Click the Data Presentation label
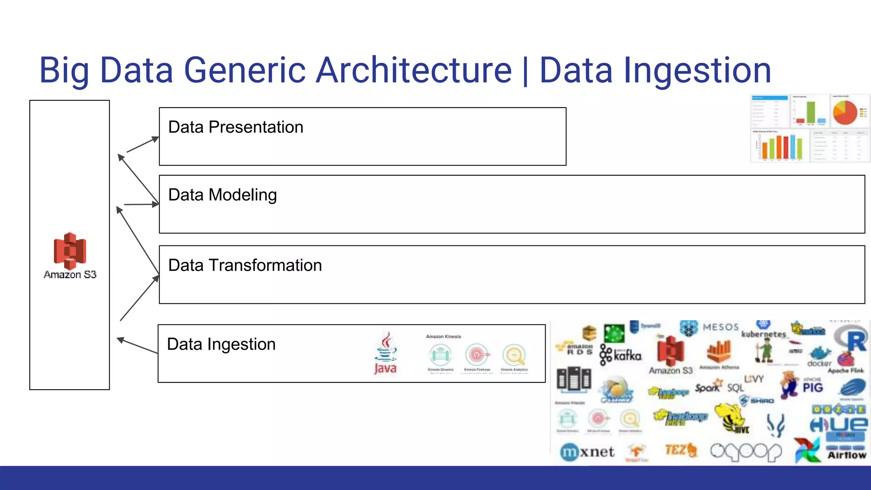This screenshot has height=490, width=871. (236, 127)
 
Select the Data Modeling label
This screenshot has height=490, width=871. (222, 195)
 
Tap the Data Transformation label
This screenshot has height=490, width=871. (245, 265)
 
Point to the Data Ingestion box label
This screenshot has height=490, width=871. (221, 344)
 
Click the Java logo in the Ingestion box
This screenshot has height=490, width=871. (385, 354)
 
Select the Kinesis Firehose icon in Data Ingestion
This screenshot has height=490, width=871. (477, 355)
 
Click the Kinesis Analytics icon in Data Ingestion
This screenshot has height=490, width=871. (514, 355)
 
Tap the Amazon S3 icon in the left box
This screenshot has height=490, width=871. (70, 251)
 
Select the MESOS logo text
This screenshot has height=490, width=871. (720, 327)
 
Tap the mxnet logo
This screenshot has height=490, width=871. (587, 452)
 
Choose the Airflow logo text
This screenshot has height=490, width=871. (846, 455)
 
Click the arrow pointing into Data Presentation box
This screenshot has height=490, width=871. (143, 145)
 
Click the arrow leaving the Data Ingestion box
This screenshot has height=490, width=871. (137, 346)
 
